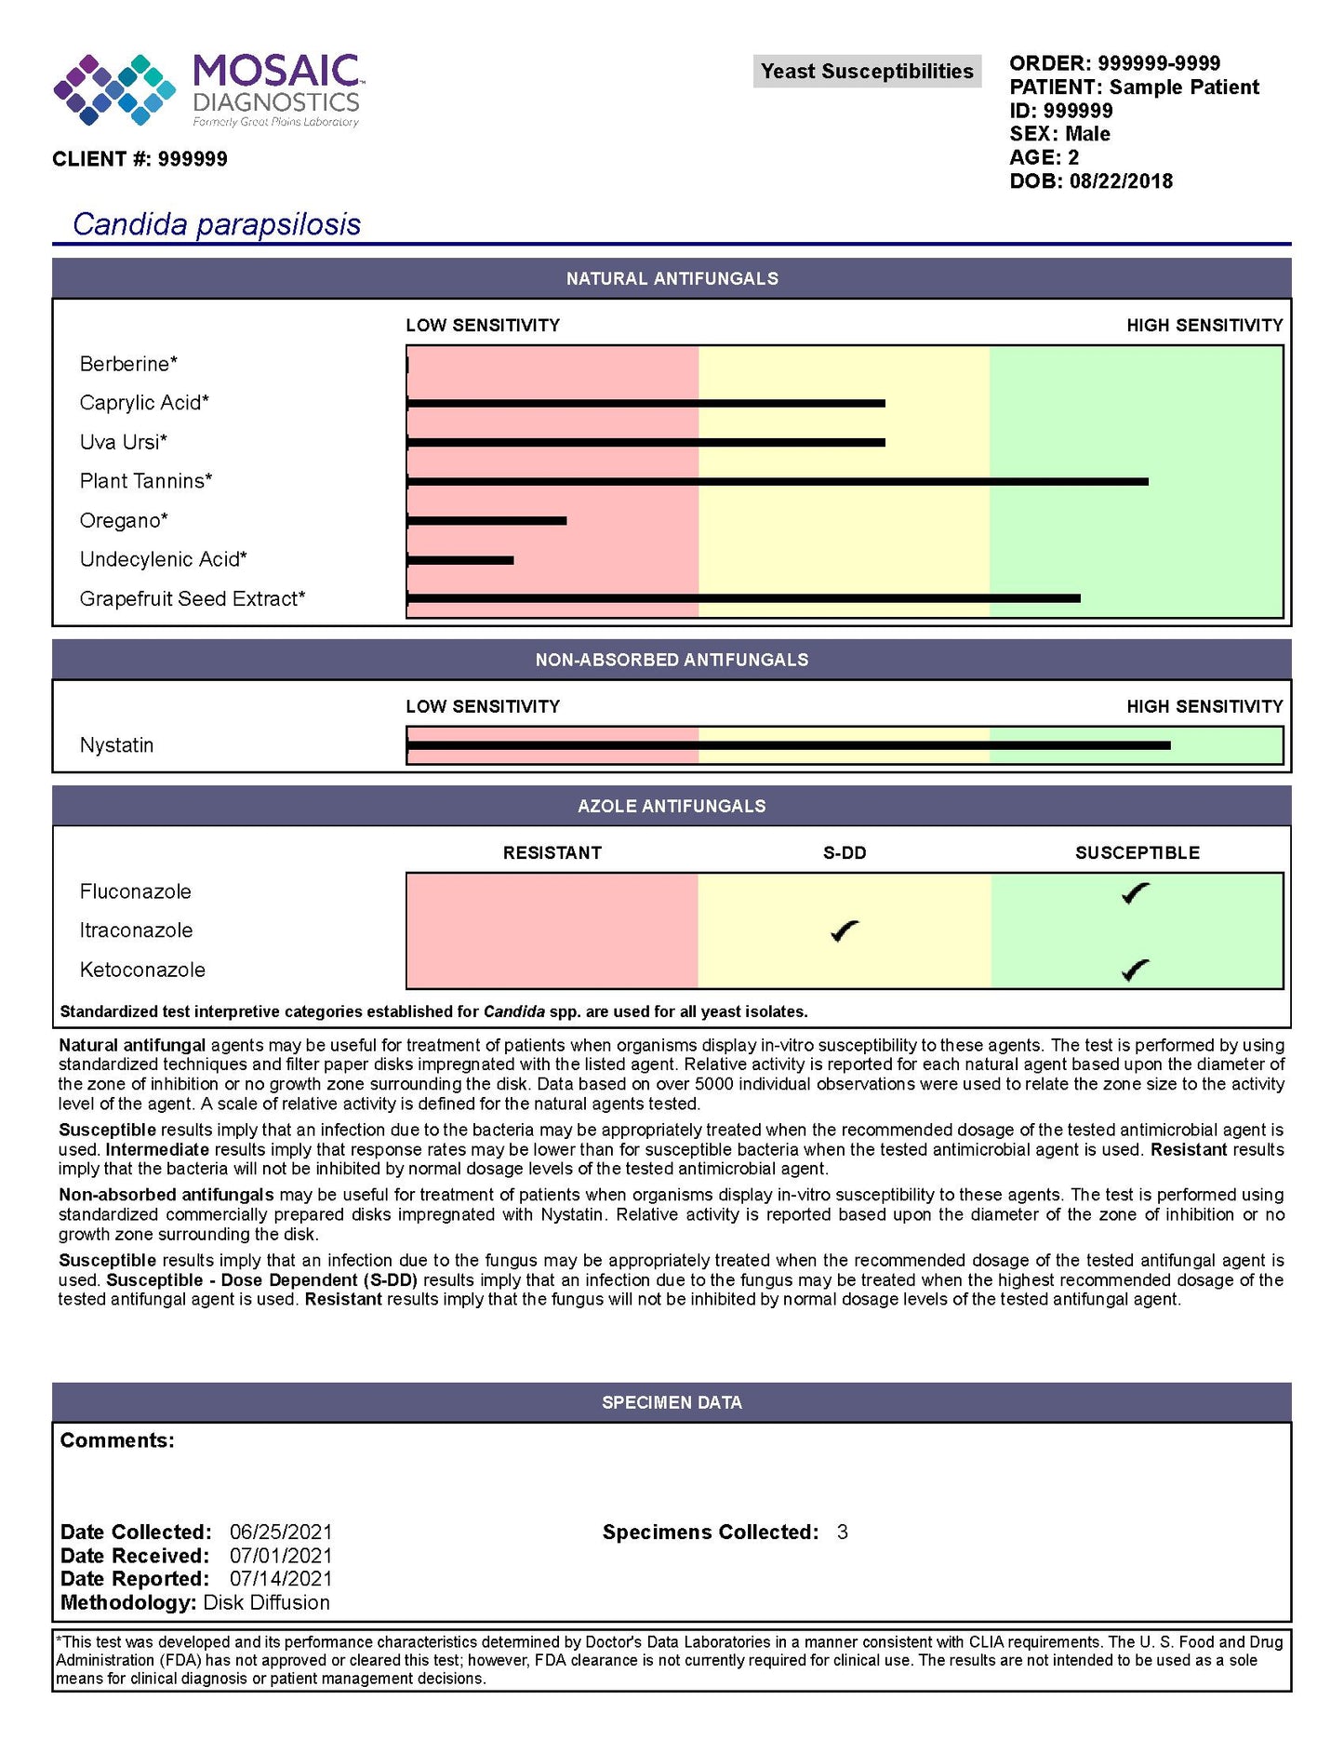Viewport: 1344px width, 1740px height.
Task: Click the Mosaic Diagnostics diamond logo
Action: pos(114,89)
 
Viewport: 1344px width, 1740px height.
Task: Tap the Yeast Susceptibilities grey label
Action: pos(866,72)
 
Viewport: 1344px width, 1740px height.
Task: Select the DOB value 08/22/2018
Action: pos(1121,181)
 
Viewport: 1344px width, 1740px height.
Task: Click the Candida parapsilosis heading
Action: pos(217,224)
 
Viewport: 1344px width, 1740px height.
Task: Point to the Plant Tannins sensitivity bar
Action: pos(777,482)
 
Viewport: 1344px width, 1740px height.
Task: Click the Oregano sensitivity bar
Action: pos(486,521)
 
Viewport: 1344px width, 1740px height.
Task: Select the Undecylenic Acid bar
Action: pos(460,560)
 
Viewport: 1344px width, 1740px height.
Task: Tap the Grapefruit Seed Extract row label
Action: pos(193,599)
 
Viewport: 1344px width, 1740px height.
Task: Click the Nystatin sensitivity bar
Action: pos(788,745)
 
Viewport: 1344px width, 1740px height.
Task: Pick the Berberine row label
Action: pos(128,364)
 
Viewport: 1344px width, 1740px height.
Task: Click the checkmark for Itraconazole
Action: pos(845,930)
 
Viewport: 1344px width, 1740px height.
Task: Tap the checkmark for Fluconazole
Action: pos(1136,893)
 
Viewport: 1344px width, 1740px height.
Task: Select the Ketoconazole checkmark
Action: pos(1136,970)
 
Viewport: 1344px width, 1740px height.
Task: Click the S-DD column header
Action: pos(845,853)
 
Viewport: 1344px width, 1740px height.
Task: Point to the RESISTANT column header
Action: pos(552,853)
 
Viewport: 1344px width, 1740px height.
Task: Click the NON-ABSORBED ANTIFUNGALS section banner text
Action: pos(672,660)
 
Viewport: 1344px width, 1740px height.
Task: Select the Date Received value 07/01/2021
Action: pos(281,1556)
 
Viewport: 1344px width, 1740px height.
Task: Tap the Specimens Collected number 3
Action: pos(842,1533)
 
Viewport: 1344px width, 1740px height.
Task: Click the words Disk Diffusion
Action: pos(267,1603)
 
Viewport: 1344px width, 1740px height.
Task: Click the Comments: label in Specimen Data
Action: pos(117,1440)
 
